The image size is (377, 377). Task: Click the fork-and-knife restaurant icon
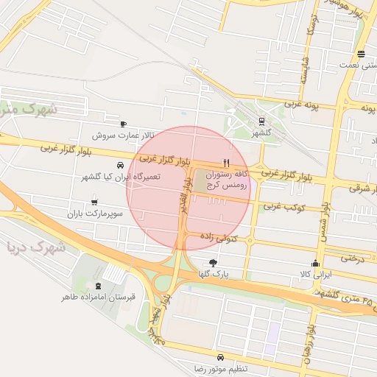(x=227, y=163)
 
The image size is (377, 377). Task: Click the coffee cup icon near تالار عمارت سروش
(x=123, y=123)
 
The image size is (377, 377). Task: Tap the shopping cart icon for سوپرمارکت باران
(x=94, y=201)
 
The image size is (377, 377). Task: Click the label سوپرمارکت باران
(x=92, y=214)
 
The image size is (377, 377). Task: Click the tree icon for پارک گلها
(x=214, y=262)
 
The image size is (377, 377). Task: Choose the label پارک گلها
(x=213, y=275)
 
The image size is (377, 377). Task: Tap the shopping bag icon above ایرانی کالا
(x=316, y=262)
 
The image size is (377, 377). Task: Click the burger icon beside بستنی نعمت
(x=360, y=53)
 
